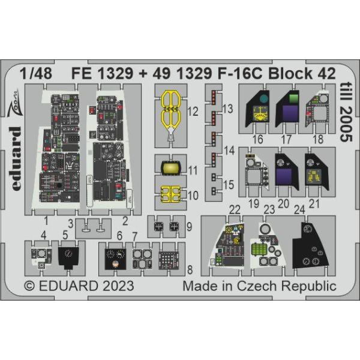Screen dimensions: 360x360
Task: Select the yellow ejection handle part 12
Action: (x=170, y=114)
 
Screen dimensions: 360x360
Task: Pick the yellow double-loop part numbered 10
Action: (x=170, y=194)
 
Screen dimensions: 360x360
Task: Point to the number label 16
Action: (x=258, y=139)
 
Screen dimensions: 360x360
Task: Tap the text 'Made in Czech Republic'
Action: (x=260, y=284)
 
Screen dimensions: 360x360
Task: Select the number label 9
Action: (x=189, y=227)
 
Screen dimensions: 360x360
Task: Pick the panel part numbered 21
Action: (x=314, y=170)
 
